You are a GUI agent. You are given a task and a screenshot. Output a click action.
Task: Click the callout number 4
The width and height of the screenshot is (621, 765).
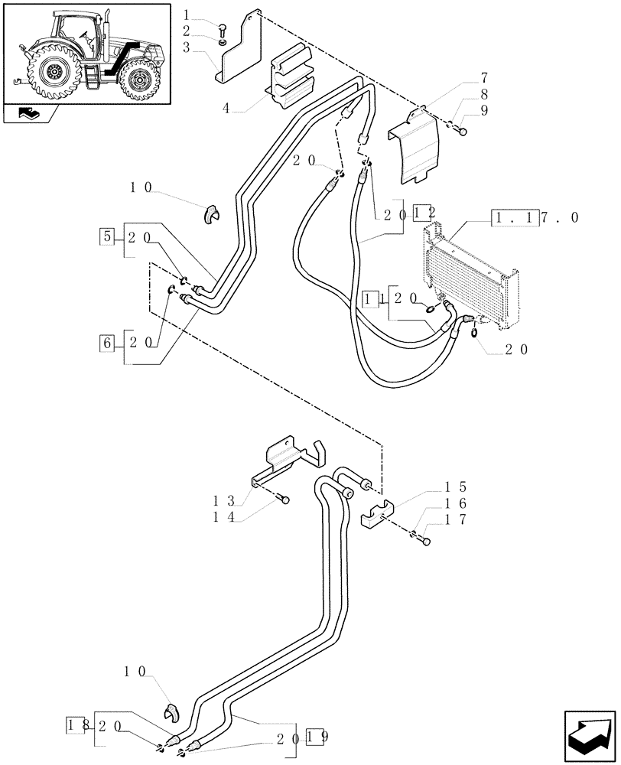click(226, 109)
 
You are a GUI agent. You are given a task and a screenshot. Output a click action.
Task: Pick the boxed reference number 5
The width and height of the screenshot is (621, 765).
click(106, 236)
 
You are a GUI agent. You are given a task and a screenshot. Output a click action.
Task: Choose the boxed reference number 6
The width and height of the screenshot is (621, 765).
click(106, 341)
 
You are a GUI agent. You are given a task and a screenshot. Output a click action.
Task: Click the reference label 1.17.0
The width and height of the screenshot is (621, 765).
click(535, 218)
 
